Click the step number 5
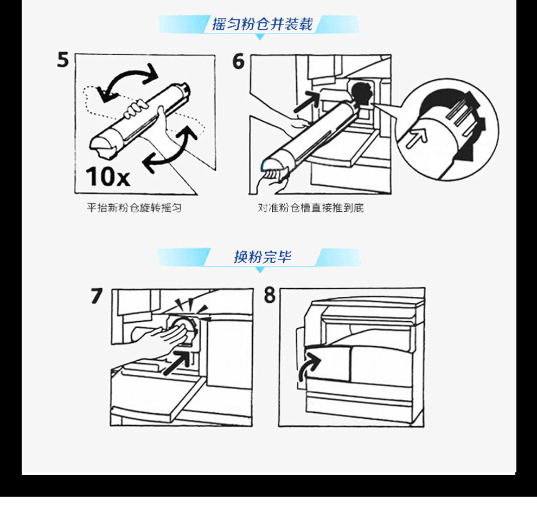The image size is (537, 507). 63,60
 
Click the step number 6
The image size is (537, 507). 238,62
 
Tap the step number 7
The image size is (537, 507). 97,296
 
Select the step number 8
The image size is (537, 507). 270,295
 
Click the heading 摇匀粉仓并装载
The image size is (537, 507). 263,24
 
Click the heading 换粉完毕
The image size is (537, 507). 263,257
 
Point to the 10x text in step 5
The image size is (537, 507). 108,177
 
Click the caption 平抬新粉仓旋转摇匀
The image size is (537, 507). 134,207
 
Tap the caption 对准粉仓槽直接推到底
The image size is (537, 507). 311,207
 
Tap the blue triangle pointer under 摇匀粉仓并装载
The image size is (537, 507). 260,37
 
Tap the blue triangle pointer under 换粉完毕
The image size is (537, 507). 260,270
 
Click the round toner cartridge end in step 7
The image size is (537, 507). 186,330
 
